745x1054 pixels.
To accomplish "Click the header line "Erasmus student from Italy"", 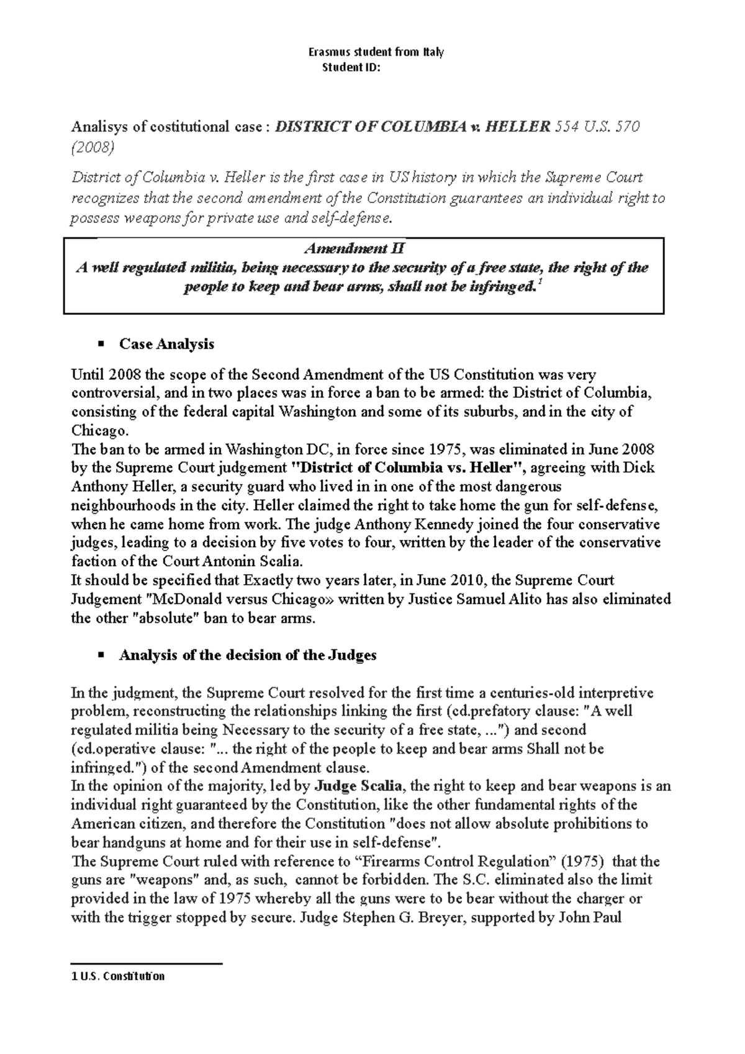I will (376, 52).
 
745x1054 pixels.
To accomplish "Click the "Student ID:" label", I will (351, 67).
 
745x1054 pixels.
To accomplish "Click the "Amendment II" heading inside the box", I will (354, 249).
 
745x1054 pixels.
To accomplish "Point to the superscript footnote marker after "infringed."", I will (538, 283).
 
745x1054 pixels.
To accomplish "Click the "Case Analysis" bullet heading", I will (166, 344).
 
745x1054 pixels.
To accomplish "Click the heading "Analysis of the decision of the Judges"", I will (247, 655).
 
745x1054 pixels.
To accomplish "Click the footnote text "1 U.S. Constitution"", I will (119, 976).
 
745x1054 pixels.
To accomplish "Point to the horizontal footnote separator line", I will (147, 964).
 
